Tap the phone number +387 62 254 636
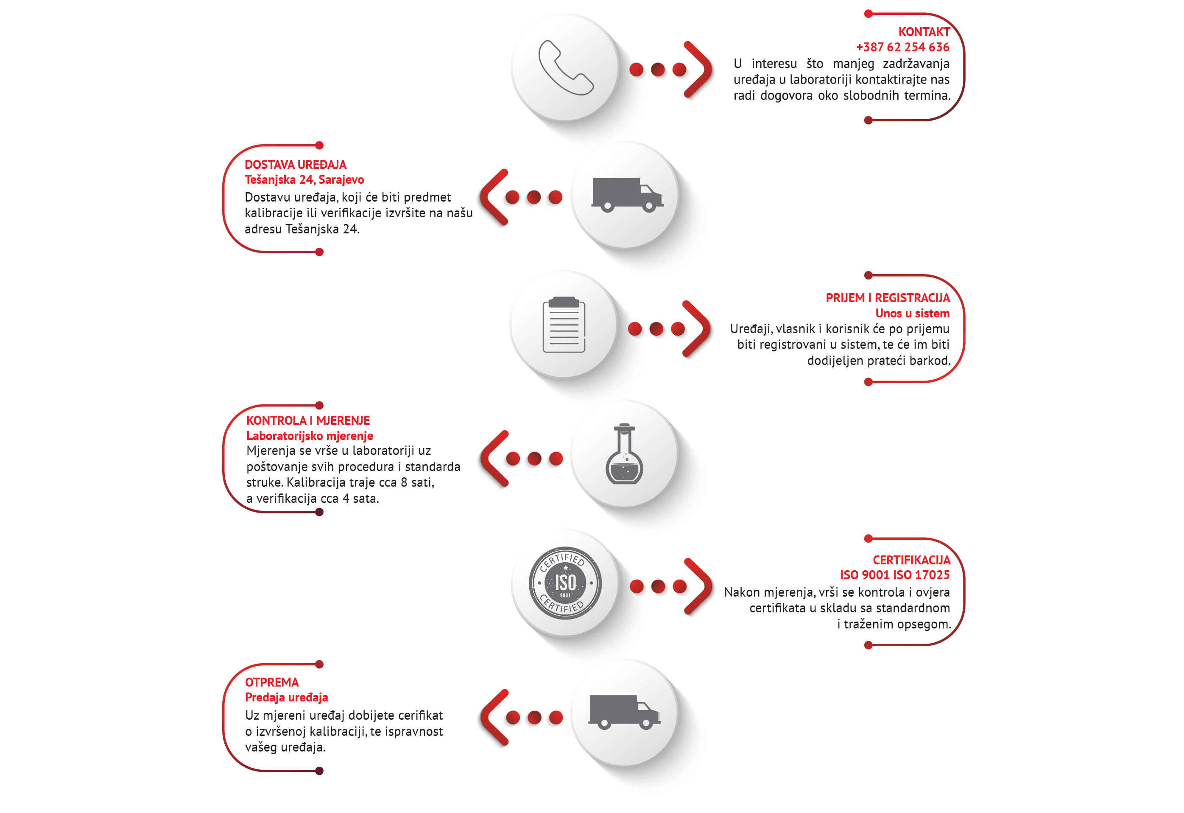pos(902,47)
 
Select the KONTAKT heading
pos(923,31)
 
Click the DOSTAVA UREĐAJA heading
pos(295,165)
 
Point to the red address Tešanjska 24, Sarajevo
pos(304,179)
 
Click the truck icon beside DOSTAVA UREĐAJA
pos(627,195)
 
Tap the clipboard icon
pos(564,325)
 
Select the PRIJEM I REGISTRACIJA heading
pos(887,298)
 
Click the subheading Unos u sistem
pos(912,313)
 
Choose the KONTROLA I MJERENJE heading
pos(308,421)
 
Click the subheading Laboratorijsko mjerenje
pos(309,436)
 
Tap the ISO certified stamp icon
pos(565,583)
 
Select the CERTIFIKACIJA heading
pos(911,560)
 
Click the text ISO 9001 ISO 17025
pos(895,575)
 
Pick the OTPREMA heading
pos(271,682)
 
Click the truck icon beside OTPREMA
pos(624,712)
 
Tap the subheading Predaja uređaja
pos(286,697)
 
